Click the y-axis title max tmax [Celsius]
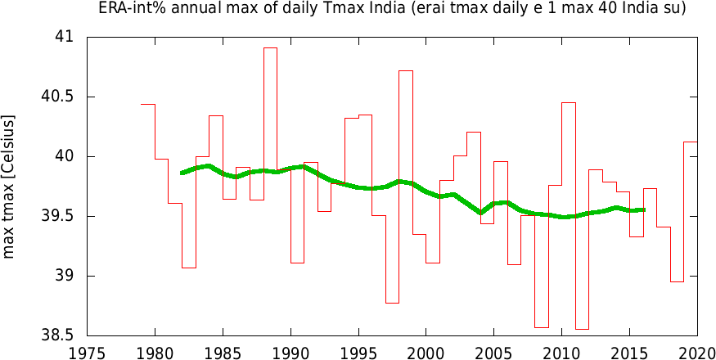point(10,187)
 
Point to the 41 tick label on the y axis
point(64,38)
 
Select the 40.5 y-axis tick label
point(57,97)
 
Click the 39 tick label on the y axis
point(64,277)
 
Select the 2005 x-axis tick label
point(493,352)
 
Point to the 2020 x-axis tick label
point(697,352)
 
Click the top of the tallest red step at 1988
point(270,48)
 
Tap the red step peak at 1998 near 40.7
point(406,71)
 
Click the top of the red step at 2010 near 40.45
point(569,103)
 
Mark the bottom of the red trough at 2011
point(582,329)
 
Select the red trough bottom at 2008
point(541,327)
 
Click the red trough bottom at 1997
point(392,303)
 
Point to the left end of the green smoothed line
point(182,173)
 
